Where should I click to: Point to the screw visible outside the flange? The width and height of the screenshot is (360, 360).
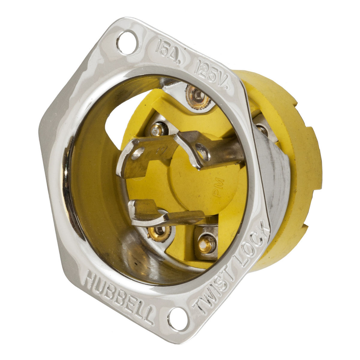coord(262,130)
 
